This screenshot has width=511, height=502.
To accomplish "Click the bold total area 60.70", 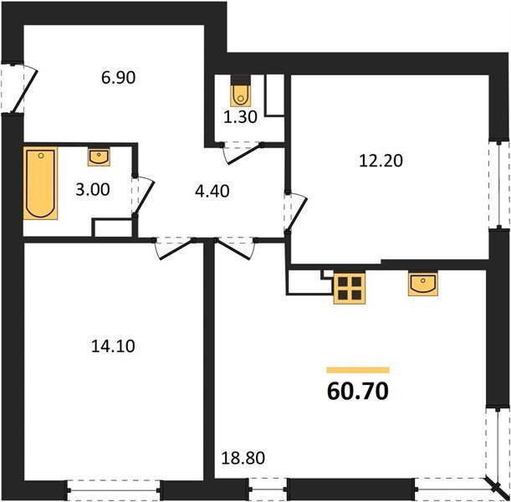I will pyautogui.click(x=358, y=390).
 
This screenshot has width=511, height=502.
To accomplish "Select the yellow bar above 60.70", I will pyautogui.click(x=358, y=369).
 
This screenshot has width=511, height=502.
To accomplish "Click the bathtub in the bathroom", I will pyautogui.click(x=40, y=182).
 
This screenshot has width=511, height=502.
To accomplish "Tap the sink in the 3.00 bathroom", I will pyautogui.click(x=99, y=156).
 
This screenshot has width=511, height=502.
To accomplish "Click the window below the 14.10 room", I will pyautogui.click(x=113, y=484).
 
